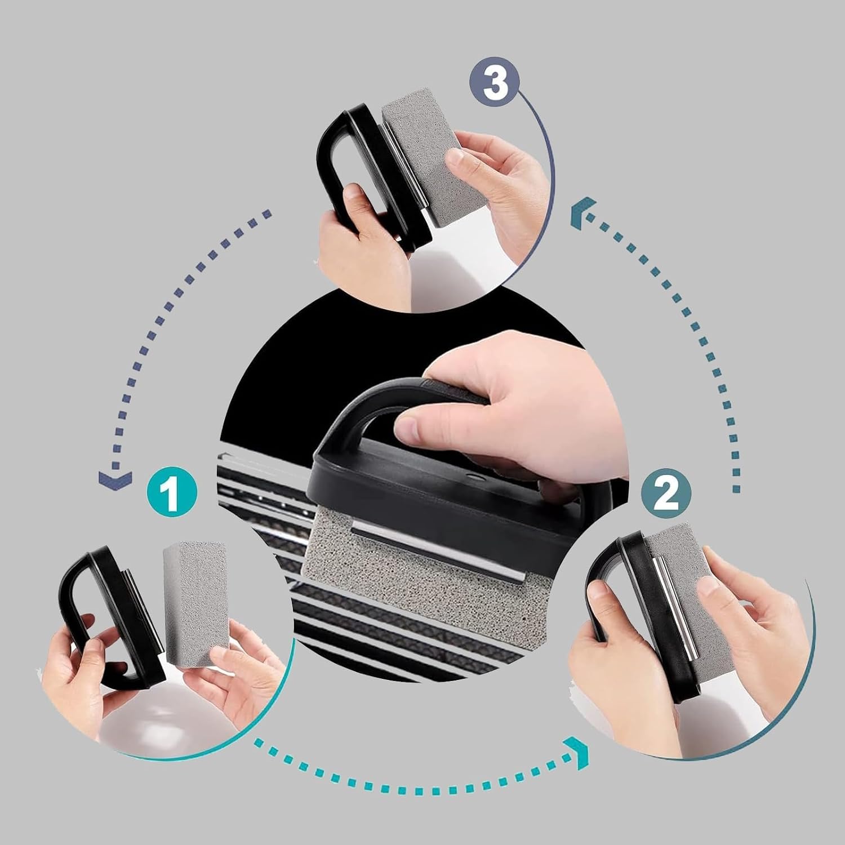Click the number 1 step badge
click(172, 493)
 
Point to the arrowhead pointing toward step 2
click(580, 753)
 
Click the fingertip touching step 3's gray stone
click(457, 161)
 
